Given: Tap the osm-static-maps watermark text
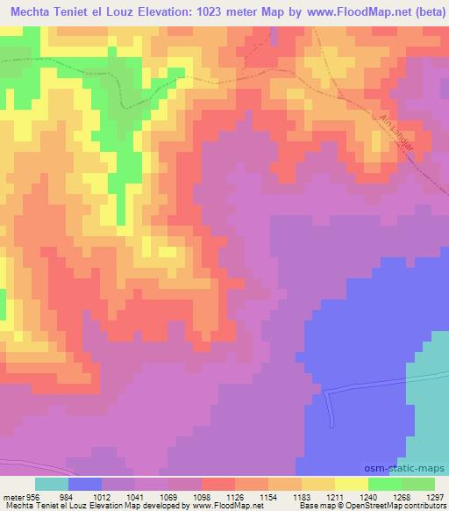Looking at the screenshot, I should tap(411, 468).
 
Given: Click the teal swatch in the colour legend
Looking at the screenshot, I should tap(52, 484).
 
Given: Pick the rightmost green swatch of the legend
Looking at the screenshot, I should tap(418, 484).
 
